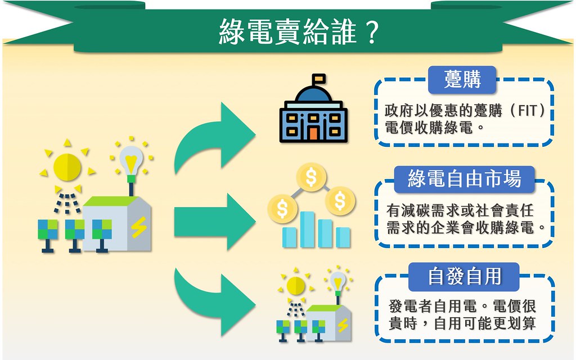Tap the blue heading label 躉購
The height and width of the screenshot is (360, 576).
tap(462, 80)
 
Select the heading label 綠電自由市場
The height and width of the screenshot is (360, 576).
tap(465, 179)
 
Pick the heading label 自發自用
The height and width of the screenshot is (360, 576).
tap(465, 276)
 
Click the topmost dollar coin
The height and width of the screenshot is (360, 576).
tap(310, 177)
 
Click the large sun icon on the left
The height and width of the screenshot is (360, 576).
tap(67, 166)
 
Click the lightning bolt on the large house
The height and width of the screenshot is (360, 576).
tap(138, 226)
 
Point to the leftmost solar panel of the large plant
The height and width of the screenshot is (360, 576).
tap(47, 230)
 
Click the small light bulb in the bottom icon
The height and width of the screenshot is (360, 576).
tap(338, 281)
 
